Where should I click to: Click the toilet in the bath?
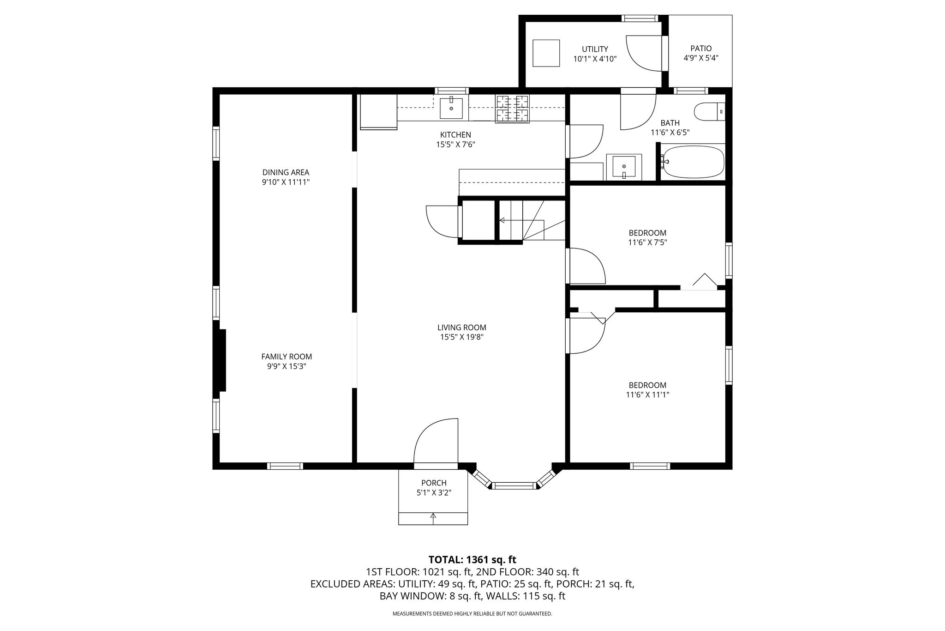(710, 112)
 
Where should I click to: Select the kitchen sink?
(451, 108)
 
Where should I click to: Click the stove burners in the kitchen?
(512, 109)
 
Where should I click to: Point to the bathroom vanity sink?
(624, 167)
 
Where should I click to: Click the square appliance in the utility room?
(546, 53)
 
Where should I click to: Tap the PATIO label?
(701, 49)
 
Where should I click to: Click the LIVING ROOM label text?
(462, 328)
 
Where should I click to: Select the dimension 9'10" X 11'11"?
(286, 182)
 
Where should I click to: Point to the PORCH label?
(434, 483)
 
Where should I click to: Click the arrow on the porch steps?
(433, 518)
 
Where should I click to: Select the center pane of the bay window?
(514, 485)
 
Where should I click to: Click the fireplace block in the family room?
(222, 360)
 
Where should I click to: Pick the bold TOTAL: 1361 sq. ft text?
(472, 560)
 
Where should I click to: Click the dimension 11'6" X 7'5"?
(647, 242)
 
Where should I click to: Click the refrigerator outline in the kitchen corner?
(378, 111)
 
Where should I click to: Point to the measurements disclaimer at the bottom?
(472, 614)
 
